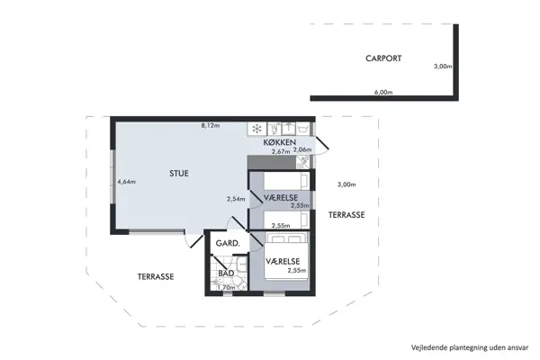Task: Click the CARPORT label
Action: (x=382, y=58)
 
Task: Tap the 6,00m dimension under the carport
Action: (x=382, y=92)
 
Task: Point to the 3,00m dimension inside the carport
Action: (x=442, y=67)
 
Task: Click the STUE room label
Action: (x=179, y=173)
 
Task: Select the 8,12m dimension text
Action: (x=211, y=126)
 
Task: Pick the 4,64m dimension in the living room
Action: (x=126, y=182)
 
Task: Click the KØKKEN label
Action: (x=280, y=143)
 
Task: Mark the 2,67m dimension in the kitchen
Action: (x=281, y=151)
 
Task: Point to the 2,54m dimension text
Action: (x=236, y=199)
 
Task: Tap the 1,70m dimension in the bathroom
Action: (x=227, y=287)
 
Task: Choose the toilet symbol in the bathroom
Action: (x=220, y=282)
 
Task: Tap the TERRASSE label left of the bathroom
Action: (x=156, y=276)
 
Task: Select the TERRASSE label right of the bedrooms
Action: (x=346, y=216)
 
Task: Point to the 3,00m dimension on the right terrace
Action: (x=346, y=184)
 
